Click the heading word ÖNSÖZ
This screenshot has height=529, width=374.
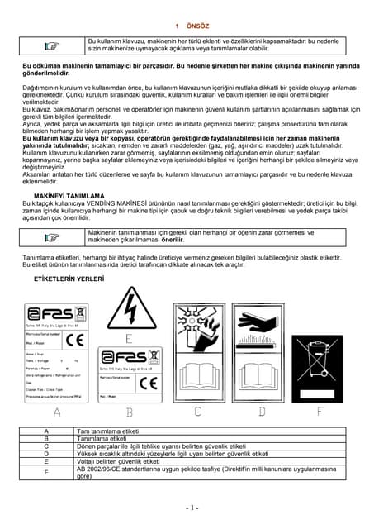(x=198, y=26)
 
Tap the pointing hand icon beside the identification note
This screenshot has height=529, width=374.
(x=52, y=238)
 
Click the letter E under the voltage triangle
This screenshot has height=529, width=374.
(x=128, y=338)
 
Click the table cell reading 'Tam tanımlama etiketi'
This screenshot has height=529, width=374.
(x=107, y=431)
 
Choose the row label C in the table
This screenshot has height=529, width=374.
(x=46, y=446)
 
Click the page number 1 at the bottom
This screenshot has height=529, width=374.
(x=188, y=508)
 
